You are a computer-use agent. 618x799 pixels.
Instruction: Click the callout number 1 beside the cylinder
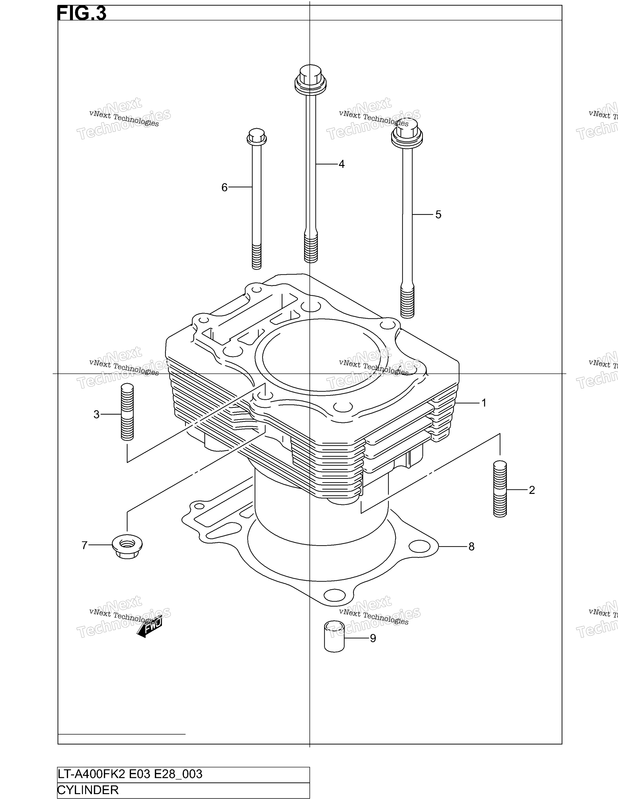click(484, 403)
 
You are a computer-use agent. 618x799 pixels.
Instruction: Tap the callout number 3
click(96, 415)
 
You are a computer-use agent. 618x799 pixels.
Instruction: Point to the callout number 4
click(341, 164)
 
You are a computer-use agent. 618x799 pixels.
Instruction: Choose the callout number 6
click(224, 188)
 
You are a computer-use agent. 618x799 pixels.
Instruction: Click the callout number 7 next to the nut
click(85, 545)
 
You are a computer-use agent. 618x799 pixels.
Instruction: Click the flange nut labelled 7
click(127, 546)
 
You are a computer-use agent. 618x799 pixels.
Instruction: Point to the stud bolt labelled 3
click(127, 412)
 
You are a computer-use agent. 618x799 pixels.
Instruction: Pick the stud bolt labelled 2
click(500, 489)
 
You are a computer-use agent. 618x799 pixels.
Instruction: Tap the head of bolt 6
click(257, 137)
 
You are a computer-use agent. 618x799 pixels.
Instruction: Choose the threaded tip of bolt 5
click(407, 302)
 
